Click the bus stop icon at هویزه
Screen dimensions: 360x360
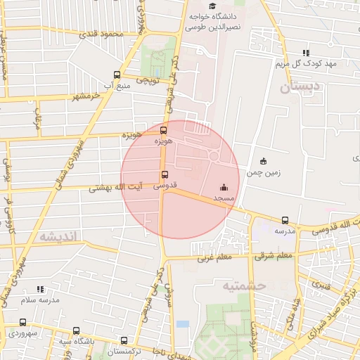[164, 130]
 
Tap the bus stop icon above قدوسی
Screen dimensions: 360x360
[165, 174]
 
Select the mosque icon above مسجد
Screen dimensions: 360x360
[224, 187]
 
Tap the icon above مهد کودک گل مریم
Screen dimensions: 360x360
[305, 53]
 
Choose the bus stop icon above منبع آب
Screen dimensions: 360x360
[117, 75]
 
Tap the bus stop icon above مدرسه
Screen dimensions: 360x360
[285, 221]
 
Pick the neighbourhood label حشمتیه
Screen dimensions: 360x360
[243, 285]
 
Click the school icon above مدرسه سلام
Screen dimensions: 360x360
[40, 289]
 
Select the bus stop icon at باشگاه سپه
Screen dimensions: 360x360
[76, 330]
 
